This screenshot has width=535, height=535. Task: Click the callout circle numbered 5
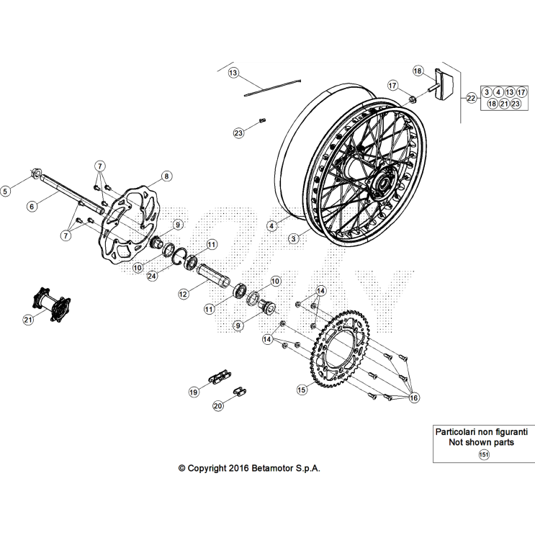click(6, 191)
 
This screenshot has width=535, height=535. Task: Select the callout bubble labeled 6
click(32, 206)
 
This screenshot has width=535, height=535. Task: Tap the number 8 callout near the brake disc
click(166, 175)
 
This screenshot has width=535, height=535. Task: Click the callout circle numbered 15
click(302, 389)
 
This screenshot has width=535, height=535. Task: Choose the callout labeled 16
click(413, 397)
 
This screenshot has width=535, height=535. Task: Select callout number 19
click(193, 392)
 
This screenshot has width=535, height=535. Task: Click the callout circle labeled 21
click(28, 319)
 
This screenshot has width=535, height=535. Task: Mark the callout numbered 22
click(471, 98)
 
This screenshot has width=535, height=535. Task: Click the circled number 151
click(483, 454)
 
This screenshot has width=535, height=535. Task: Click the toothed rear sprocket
click(353, 357)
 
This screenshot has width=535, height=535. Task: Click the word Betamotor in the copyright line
click(274, 467)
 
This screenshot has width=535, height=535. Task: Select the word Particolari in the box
click(459, 431)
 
